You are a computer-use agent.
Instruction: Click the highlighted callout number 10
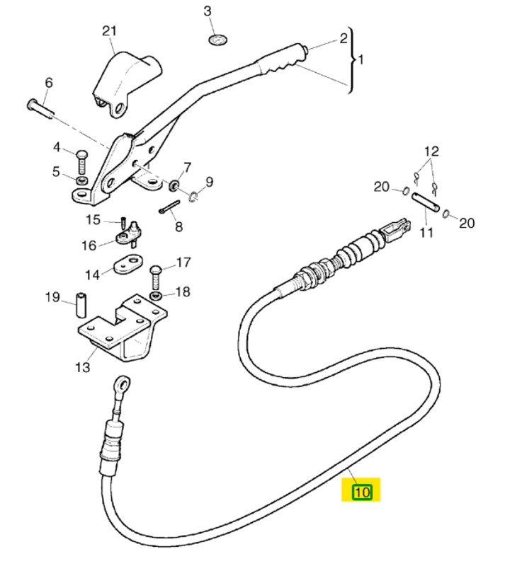point(362,491)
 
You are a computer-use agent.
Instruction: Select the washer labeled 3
point(217,37)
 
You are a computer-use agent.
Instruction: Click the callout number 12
point(431,151)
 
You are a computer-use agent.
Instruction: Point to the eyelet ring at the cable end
point(123,386)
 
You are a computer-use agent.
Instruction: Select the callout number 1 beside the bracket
point(360,60)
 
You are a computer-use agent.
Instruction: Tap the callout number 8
point(178,226)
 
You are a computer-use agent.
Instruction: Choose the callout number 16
point(89,246)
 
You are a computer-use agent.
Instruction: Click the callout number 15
point(93,220)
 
